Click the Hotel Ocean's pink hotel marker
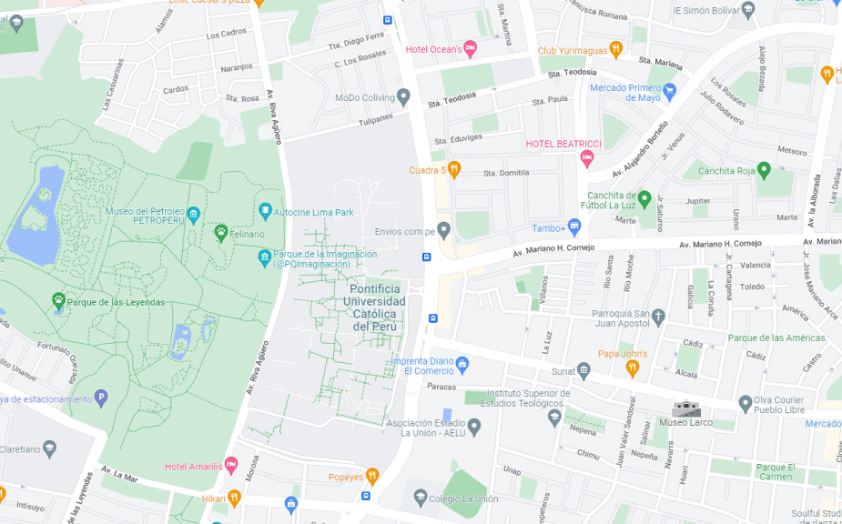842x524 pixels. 470,48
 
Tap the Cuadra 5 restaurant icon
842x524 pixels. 454,169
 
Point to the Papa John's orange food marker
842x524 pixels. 633,368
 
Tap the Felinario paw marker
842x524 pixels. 220,233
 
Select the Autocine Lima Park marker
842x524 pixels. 266,212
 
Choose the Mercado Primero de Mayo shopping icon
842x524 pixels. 670,92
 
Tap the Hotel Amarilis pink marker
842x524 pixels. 230,466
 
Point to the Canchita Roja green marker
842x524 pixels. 764,170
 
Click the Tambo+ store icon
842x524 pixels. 573,227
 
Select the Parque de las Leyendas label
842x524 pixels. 116,302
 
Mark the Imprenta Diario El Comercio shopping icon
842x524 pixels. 462,365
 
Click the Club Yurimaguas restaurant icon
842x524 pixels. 615,49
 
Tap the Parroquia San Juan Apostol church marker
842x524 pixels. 658,317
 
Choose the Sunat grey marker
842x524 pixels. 583,370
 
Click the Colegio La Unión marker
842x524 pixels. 420,498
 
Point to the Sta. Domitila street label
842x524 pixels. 506,173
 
